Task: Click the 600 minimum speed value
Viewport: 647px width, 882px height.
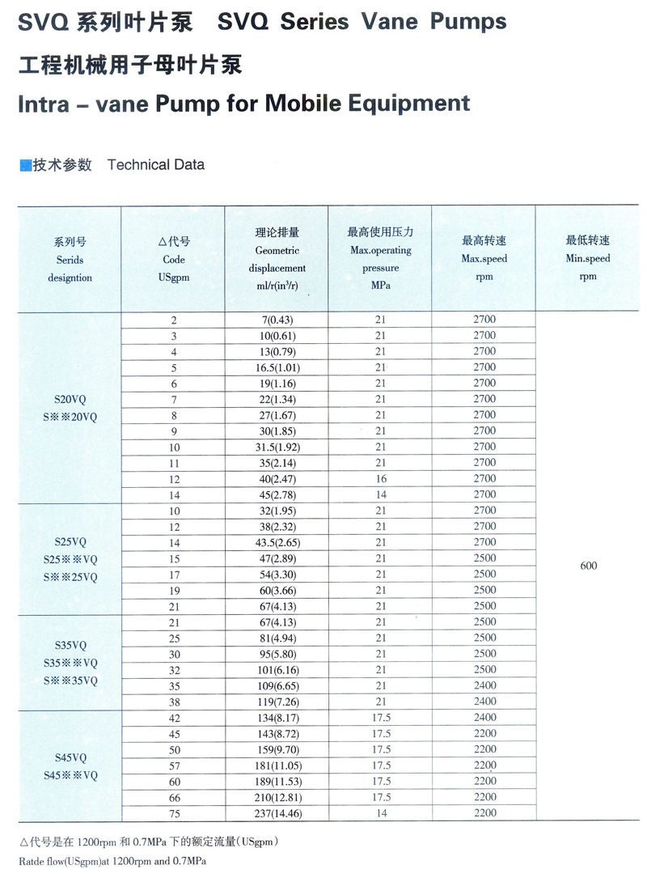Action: pyautogui.click(x=588, y=566)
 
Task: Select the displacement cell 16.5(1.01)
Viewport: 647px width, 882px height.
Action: pyautogui.click(x=277, y=367)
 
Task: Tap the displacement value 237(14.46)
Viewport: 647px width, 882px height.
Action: pyautogui.click(x=277, y=813)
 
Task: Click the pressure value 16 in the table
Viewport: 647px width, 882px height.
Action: pyautogui.click(x=380, y=479)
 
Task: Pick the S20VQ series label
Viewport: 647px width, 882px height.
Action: pyautogui.click(x=70, y=399)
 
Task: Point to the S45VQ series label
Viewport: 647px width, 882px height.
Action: pyautogui.click(x=70, y=757)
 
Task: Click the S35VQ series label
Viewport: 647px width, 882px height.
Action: pyautogui.click(x=70, y=646)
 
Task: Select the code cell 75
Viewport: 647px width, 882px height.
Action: pyautogui.click(x=173, y=813)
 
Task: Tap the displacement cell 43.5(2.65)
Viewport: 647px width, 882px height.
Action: pyautogui.click(x=277, y=543)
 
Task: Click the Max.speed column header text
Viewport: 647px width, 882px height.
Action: pyautogui.click(x=484, y=259)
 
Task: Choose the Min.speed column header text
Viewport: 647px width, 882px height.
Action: pyautogui.click(x=588, y=259)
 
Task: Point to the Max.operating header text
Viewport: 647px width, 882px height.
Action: pyautogui.click(x=380, y=250)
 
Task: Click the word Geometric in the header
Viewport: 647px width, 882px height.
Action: pyautogui.click(x=277, y=251)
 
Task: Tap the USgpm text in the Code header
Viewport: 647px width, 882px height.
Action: pyautogui.click(x=173, y=278)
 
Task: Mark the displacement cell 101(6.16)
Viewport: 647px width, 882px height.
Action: pyautogui.click(x=277, y=670)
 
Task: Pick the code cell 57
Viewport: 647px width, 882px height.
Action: pyautogui.click(x=173, y=765)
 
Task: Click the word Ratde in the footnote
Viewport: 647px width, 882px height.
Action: pyautogui.click(x=33, y=861)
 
